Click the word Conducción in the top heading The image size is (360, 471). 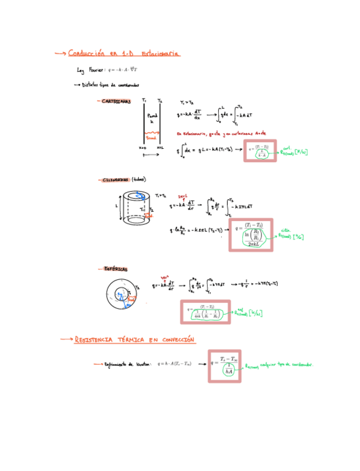(x=86, y=53)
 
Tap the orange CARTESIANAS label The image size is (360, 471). (x=116, y=101)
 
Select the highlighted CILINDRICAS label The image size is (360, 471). (x=116, y=180)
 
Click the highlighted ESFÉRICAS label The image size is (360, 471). (x=116, y=269)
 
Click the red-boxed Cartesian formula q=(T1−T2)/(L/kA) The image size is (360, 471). (x=258, y=151)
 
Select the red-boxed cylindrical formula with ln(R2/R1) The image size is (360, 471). (x=251, y=234)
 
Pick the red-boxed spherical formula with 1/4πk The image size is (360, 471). (x=206, y=312)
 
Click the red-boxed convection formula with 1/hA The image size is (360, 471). (x=225, y=365)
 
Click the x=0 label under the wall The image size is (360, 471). (x=142, y=148)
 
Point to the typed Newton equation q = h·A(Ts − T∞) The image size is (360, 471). (x=174, y=364)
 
